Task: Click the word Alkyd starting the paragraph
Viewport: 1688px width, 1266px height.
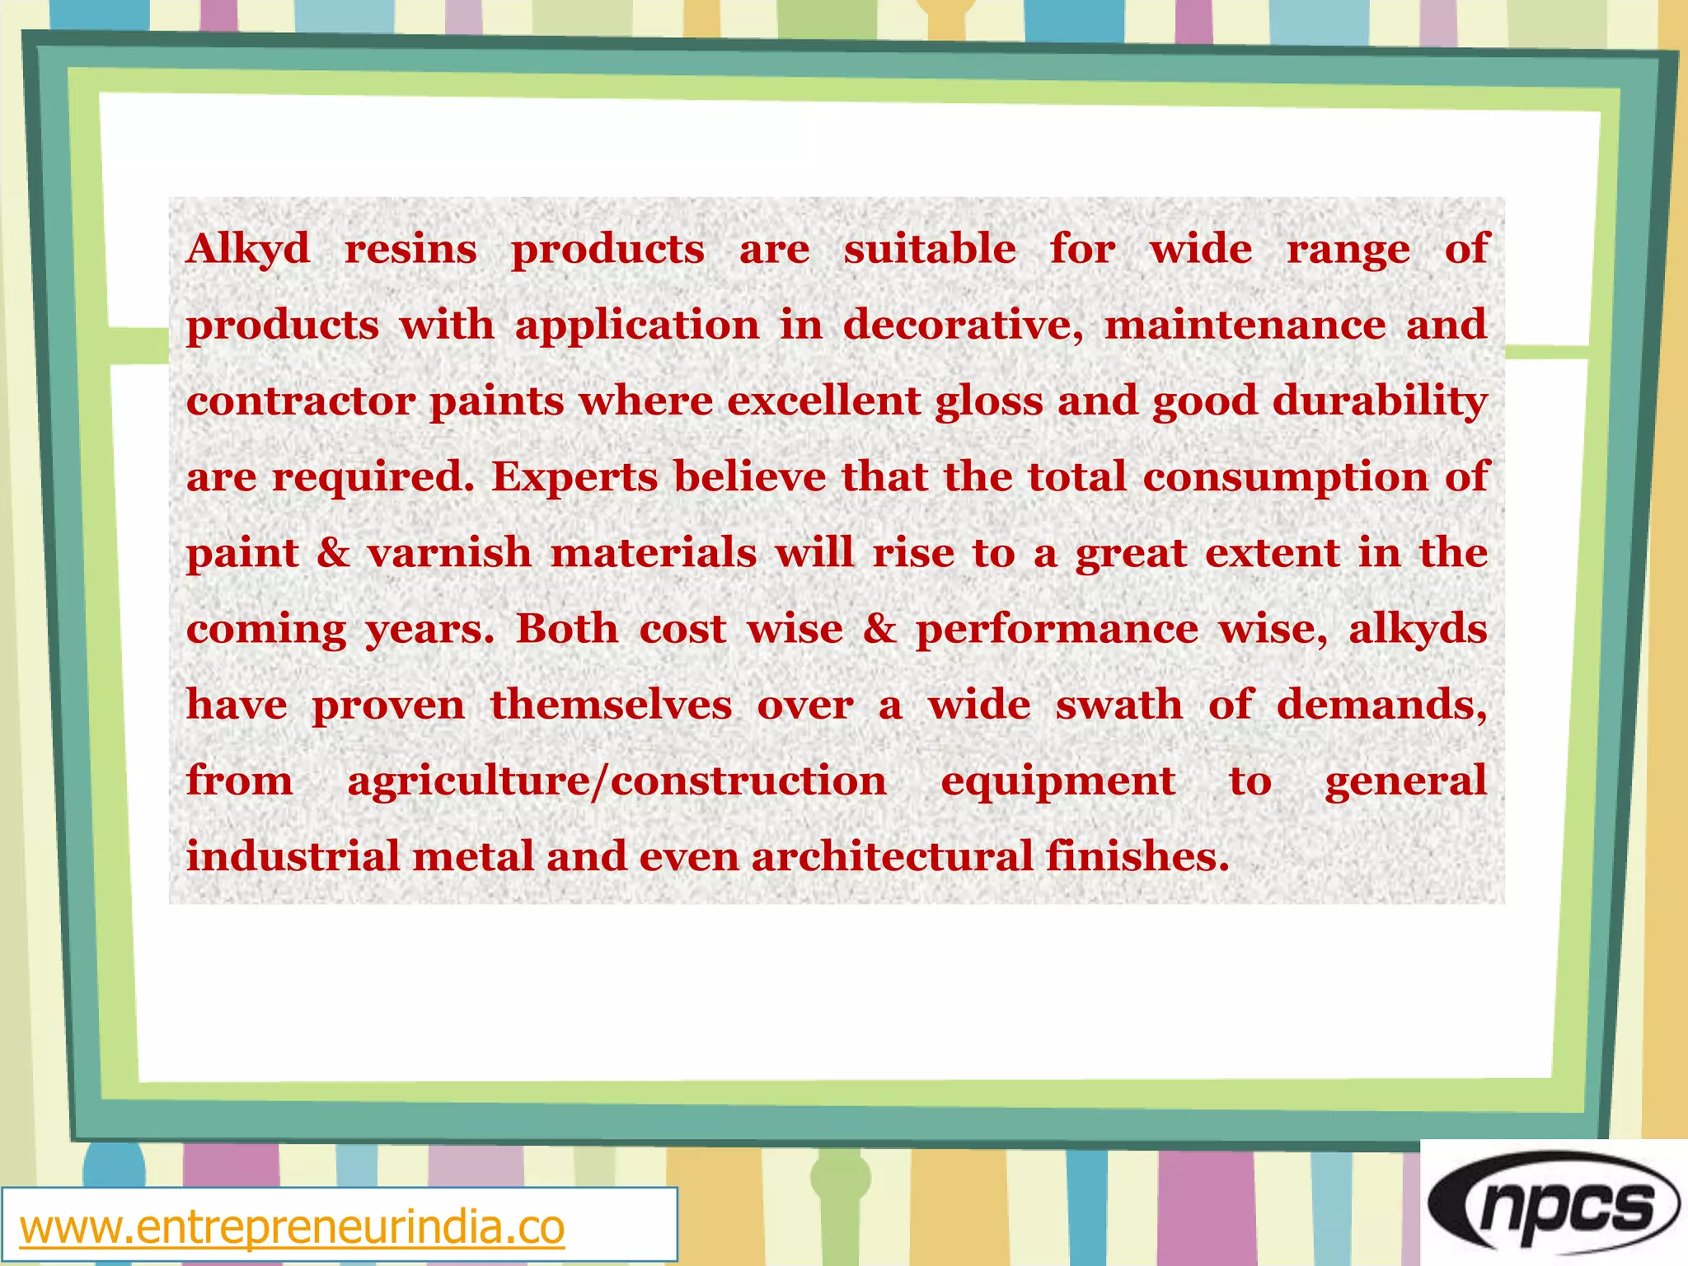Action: tap(248, 249)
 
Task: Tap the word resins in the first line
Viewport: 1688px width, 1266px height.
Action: tap(410, 249)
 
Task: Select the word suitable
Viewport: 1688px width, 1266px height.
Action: tap(930, 249)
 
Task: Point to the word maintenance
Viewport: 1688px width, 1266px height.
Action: tap(1245, 325)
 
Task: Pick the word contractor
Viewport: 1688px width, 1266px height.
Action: tap(301, 401)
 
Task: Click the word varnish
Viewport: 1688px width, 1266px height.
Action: tap(450, 553)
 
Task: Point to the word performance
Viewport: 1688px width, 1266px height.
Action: tap(1057, 631)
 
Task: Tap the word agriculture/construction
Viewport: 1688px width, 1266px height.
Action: tap(617, 781)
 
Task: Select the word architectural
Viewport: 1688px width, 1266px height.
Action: tap(892, 856)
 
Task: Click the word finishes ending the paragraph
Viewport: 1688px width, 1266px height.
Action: tap(1137, 856)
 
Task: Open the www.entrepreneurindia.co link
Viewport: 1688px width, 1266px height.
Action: tap(292, 1227)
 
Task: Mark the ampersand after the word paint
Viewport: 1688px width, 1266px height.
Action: tap(333, 553)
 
